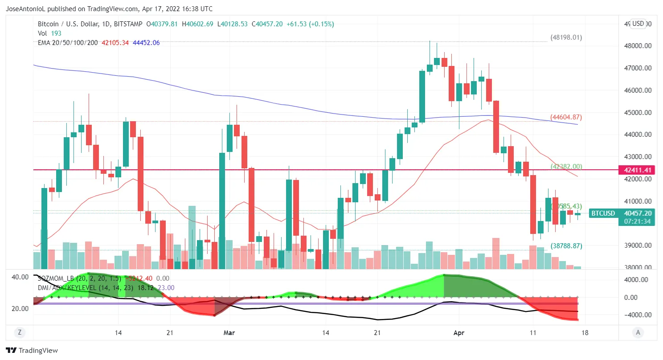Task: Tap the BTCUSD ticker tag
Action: pos(603,213)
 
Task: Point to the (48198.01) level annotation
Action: pos(566,37)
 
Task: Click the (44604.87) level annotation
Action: pos(566,117)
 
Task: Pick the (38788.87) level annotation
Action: pos(566,245)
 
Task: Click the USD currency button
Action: pos(638,24)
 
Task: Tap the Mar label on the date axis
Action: pos(229,332)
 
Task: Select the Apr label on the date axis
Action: pos(459,332)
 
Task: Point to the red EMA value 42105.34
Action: pos(115,43)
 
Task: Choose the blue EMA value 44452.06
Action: pos(146,43)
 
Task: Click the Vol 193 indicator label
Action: pos(50,33)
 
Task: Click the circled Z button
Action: pos(19,332)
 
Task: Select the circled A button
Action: pos(638,332)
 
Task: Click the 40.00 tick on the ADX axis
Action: pos(20,277)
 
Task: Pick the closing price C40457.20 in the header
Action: pos(267,24)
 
